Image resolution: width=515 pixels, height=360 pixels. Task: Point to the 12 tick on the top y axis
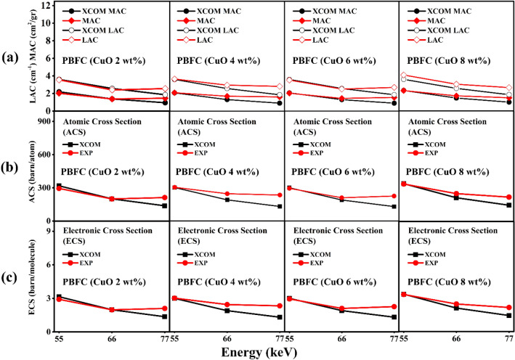pyautogui.click(x=46, y=6)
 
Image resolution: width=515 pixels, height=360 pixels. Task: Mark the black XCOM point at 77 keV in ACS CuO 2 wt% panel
pyautogui.click(x=165, y=205)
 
